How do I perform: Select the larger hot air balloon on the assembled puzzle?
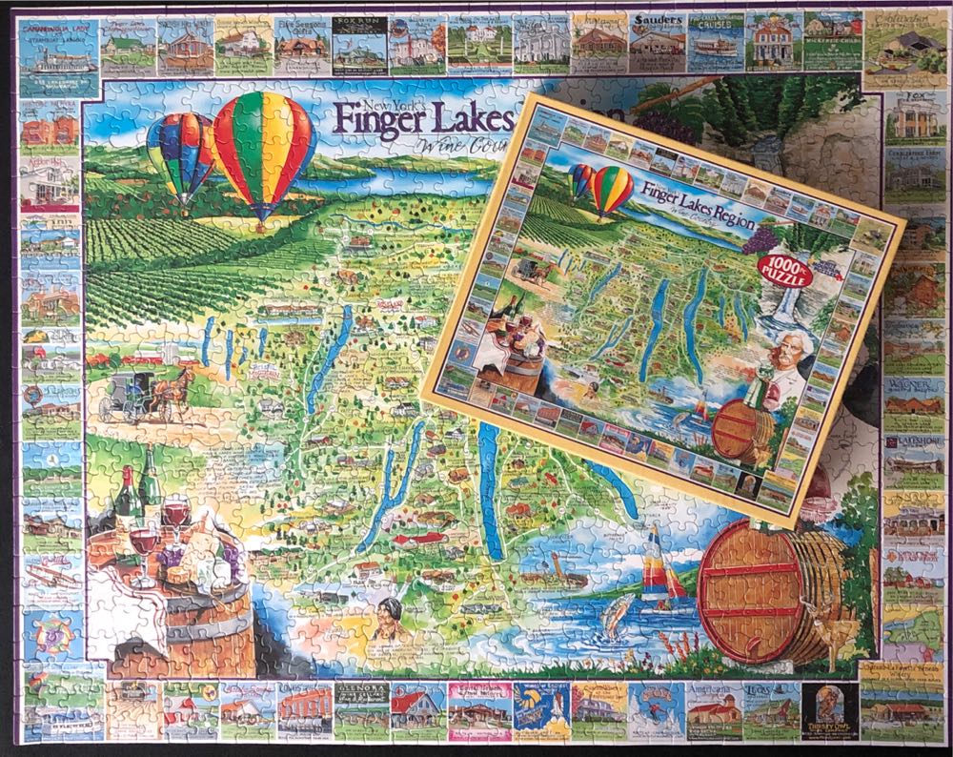point(263,153)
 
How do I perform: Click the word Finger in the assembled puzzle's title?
point(385,124)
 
